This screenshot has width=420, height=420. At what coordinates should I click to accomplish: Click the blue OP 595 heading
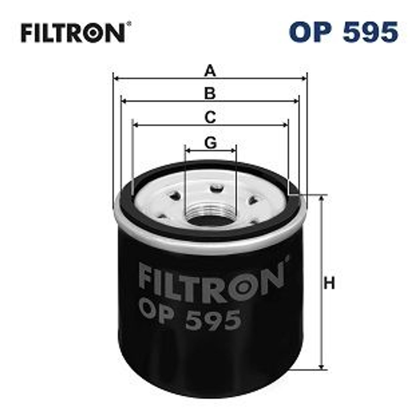click(x=343, y=32)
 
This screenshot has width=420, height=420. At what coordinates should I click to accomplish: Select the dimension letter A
click(x=210, y=71)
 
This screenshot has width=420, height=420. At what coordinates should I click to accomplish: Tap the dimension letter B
click(x=210, y=94)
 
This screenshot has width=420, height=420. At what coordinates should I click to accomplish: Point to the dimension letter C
click(x=210, y=117)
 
